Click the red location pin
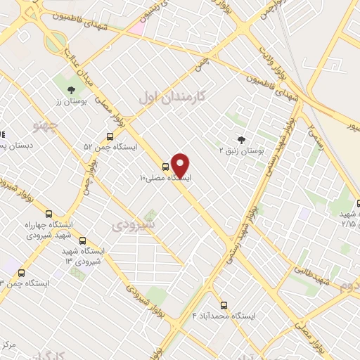pyautogui.click(x=181, y=165)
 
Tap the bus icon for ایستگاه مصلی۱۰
pyautogui.click(x=165, y=167)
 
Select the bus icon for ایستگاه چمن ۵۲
pyautogui.click(x=110, y=136)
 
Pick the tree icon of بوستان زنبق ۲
pyautogui.click(x=242, y=140)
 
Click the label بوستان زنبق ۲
pyautogui.click(x=241, y=150)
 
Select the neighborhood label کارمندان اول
pyautogui.click(x=172, y=97)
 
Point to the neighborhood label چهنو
pyautogui.click(x=46, y=127)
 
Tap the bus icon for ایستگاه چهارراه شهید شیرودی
pyautogui.click(x=49, y=214)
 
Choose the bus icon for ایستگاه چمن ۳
pyautogui.click(x=21, y=273)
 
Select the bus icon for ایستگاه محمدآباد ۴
pyautogui.click(x=224, y=305)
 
